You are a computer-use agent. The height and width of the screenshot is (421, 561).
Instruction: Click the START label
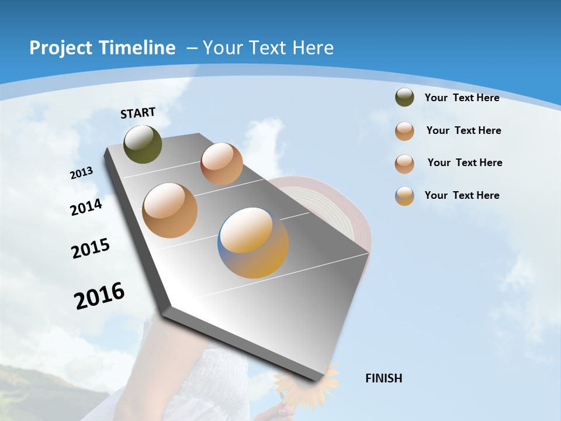[138, 112]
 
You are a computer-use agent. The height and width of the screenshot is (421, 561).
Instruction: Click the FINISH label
[383, 378]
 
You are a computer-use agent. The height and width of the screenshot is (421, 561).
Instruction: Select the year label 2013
[81, 173]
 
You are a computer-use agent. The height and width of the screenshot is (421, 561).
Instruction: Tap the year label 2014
[86, 207]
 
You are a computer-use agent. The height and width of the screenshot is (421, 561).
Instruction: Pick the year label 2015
[91, 249]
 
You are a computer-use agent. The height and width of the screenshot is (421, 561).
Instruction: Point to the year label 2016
[99, 295]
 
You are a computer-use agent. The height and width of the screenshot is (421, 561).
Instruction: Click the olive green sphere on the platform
[143, 144]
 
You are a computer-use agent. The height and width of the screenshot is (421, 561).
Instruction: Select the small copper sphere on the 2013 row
[221, 164]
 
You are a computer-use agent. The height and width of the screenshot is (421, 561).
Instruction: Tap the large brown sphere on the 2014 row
[169, 210]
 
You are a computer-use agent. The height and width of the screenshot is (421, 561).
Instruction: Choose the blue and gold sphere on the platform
[253, 243]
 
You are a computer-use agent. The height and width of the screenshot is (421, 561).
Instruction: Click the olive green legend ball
[404, 98]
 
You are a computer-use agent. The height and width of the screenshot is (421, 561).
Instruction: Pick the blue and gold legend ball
[404, 196]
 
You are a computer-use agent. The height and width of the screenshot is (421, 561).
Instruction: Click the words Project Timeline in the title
[102, 48]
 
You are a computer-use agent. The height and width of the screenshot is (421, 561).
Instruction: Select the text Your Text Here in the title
[268, 48]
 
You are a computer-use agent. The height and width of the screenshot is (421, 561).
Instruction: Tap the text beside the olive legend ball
[462, 98]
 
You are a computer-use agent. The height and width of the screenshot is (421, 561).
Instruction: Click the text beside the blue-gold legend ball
[462, 195]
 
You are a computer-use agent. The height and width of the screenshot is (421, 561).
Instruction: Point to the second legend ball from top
[404, 131]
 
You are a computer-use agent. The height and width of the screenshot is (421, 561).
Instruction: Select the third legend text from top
[465, 163]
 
